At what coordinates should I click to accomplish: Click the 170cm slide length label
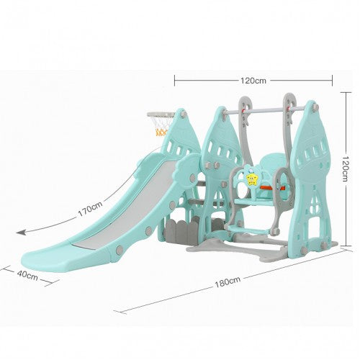90,209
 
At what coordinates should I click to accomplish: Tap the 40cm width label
27,275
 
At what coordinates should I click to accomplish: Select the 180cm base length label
228,282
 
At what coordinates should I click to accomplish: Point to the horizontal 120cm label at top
253,81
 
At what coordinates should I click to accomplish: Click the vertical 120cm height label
345,168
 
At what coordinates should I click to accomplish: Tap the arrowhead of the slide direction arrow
20,232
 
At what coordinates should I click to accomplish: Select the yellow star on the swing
251,179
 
